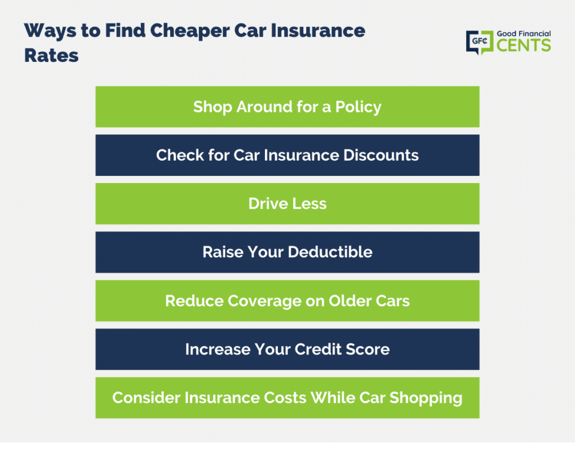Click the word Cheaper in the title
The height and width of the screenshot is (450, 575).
190,31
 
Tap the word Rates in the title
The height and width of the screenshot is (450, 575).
51,56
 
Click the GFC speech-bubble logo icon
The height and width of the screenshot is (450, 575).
480,42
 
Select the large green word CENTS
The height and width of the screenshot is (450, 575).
524,46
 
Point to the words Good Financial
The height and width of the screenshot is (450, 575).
524,34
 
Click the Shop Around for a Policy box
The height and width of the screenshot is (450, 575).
287,107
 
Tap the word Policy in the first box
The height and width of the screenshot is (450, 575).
358,108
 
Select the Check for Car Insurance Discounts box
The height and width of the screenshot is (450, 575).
287,155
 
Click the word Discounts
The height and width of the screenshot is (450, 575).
381,155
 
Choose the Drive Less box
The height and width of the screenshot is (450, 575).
287,203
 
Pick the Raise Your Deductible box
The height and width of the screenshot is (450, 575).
287,252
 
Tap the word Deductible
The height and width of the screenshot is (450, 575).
330,252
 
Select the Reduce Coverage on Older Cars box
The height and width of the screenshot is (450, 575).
287,301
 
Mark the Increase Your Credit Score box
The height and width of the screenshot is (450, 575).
287,349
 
